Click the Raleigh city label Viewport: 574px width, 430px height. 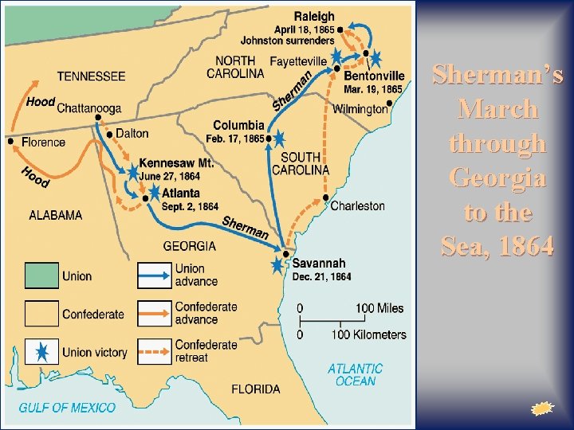pyautogui.click(x=314, y=16)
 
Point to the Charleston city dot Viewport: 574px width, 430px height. pyautogui.click(x=326, y=197)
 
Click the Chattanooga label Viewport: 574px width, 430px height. pyautogui.click(x=89, y=108)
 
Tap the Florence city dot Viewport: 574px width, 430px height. pyautogui.click(x=10, y=142)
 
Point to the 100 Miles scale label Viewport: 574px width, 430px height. pyautogui.click(x=379, y=308)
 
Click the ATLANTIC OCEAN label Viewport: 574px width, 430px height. pyautogui.click(x=355, y=375)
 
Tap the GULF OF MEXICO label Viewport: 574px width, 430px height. pyautogui.click(x=67, y=408)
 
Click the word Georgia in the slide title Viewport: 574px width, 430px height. pyautogui.click(x=498, y=177)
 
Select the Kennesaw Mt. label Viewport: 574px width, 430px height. pyautogui.click(x=176, y=162)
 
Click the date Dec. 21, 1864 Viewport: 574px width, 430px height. pyautogui.click(x=321, y=277)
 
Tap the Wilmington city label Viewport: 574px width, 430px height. pyautogui.click(x=360, y=109)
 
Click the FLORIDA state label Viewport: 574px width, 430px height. pyautogui.click(x=256, y=389)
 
